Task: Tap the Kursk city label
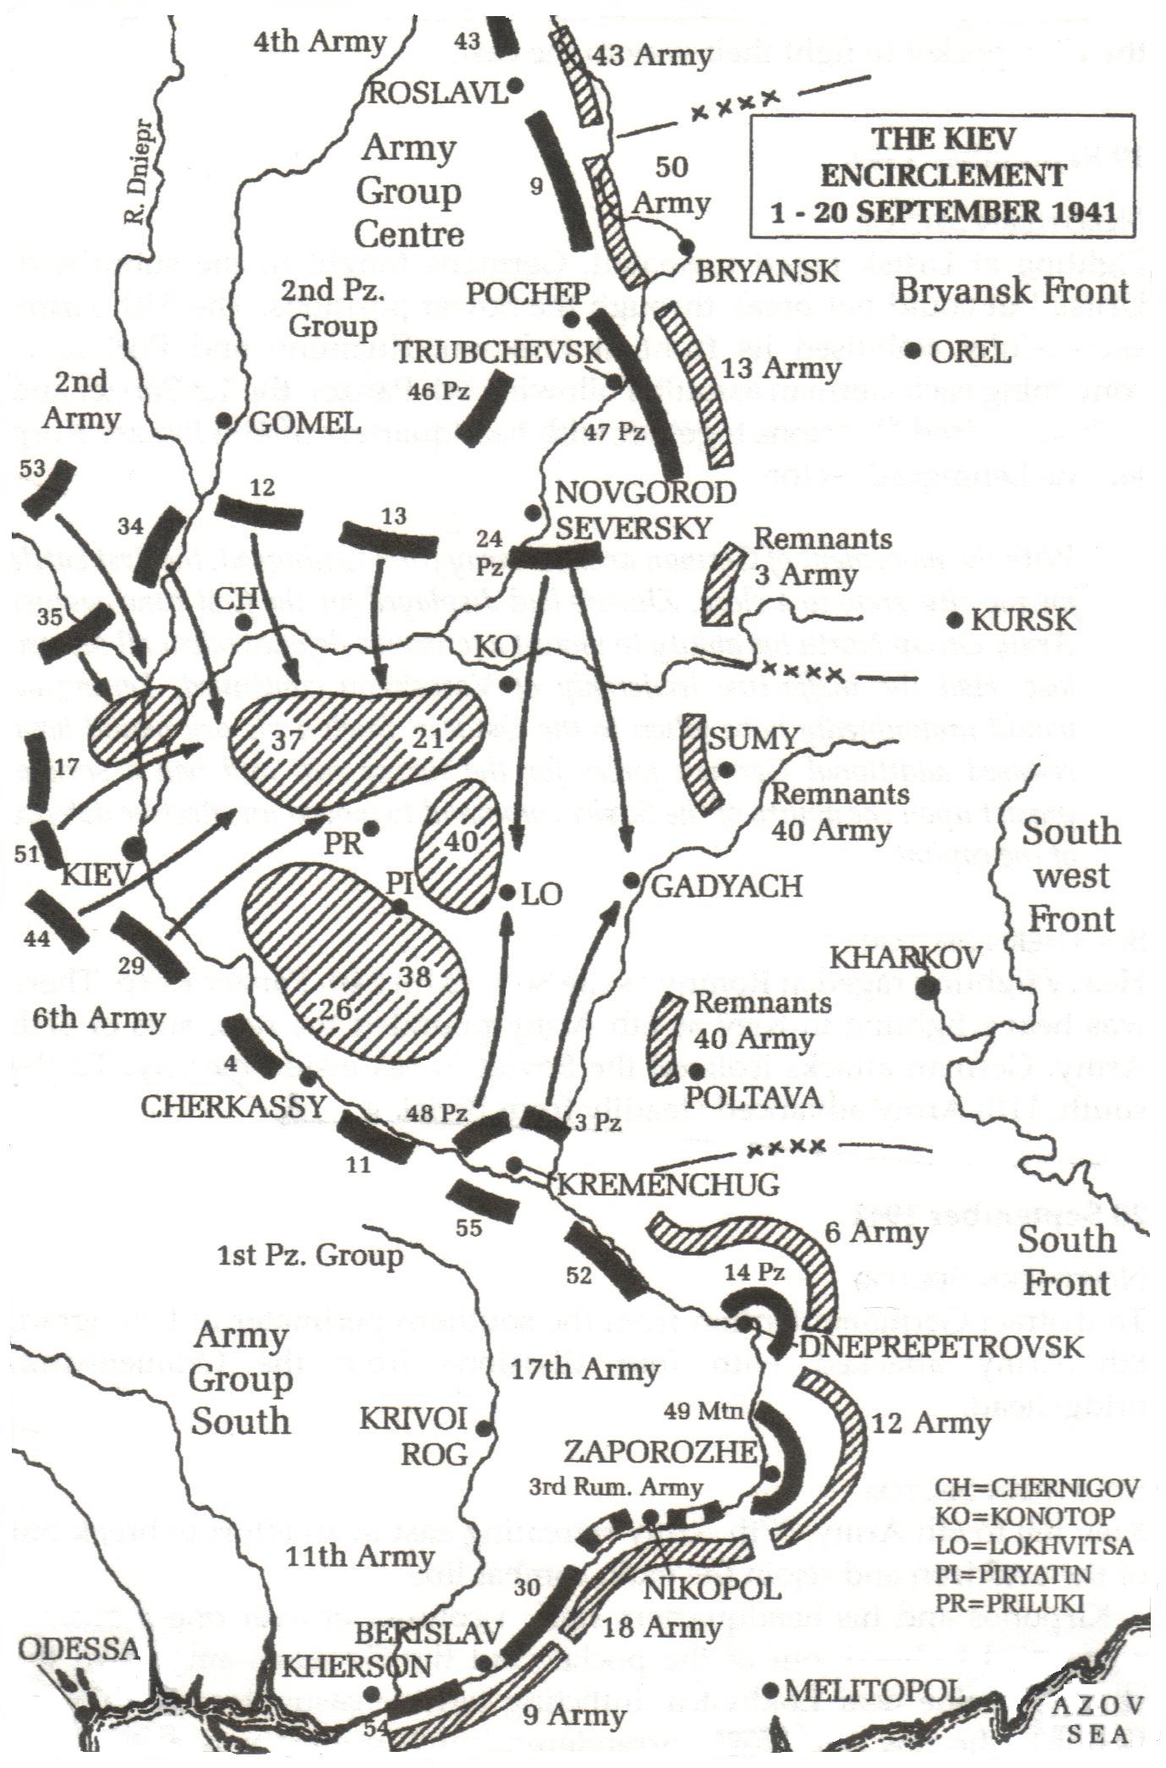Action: click(1023, 620)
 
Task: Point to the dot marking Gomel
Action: click(224, 420)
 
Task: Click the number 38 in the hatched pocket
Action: click(414, 977)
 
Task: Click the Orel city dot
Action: click(912, 351)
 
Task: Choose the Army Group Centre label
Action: click(408, 191)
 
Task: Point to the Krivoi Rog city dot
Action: click(484, 1428)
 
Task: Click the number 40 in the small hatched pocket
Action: click(463, 842)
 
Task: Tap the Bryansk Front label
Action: click(1012, 292)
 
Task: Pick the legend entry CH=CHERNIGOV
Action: click(1037, 1488)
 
